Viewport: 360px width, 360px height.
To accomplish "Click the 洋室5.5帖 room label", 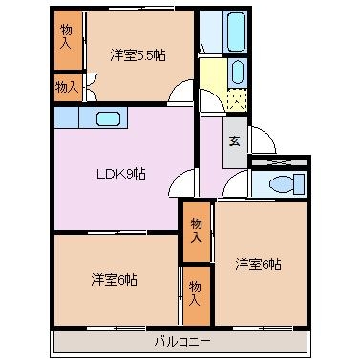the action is (138, 55).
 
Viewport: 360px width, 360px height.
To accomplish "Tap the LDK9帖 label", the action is (121, 174).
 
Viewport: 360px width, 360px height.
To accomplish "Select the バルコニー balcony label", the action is (182, 342).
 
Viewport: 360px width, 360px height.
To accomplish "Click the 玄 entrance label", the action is (235, 141).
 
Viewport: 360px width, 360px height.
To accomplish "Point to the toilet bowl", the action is (282, 184).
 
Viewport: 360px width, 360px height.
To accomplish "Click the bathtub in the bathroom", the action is (236, 32).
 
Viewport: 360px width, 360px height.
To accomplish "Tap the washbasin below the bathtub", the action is (237, 73).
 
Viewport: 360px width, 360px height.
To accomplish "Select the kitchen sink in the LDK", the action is (108, 118).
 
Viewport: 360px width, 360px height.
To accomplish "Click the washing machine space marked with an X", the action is (238, 98).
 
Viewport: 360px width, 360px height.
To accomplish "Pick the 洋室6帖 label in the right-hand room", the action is (258, 264).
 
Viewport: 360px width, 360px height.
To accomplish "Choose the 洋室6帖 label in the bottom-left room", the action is (115, 279).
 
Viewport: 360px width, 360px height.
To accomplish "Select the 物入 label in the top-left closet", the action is (66, 36).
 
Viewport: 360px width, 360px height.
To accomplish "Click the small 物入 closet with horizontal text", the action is (68, 88).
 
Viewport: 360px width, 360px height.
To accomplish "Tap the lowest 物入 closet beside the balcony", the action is (197, 296).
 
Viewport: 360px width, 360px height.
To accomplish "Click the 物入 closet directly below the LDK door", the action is (197, 232).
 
